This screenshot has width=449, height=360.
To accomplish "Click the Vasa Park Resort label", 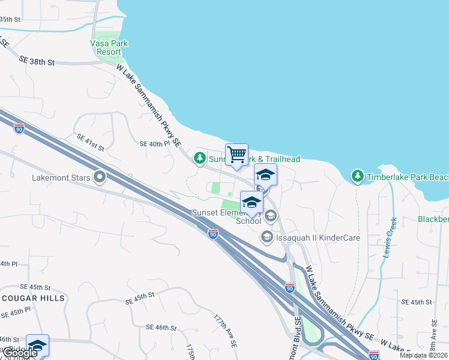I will pos(109,47).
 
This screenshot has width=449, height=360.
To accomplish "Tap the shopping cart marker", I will pos(237,155).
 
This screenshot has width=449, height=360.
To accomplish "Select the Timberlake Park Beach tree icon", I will pos(358,176).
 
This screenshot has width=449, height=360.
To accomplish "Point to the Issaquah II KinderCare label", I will pos(318,238).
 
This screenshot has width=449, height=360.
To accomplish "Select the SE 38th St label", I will pos(37,61).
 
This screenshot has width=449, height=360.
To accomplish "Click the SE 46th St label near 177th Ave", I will pos(161,328).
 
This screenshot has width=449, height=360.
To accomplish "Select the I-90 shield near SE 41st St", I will pos(19,129).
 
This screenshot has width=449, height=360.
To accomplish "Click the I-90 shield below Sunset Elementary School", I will pos(213,234).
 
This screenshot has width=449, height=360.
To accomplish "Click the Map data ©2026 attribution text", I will pos(423,355).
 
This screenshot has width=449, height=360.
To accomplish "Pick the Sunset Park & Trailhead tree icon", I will pos(199,158).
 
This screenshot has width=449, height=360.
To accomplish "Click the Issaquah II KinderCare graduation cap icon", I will pos(266,238).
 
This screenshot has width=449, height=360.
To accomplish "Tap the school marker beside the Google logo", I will pos(37,345).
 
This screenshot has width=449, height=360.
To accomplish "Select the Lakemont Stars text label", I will pos(59,178).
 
